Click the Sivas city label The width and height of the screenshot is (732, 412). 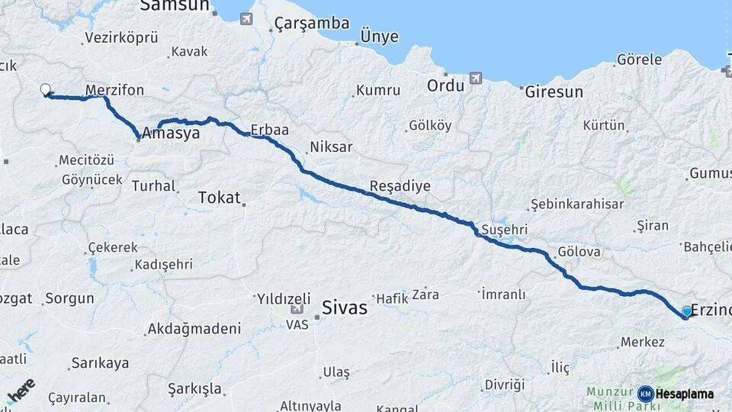(345, 308)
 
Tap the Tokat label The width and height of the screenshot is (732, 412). (219, 198)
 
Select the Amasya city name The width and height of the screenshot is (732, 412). (171, 134)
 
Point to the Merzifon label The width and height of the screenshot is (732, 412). (114, 90)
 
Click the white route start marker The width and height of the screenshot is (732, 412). (46, 90)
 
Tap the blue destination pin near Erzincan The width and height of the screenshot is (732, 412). (686, 311)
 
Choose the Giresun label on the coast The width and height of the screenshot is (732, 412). (554, 92)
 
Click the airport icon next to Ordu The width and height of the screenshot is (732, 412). (477, 78)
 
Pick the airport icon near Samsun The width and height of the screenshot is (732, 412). (246, 19)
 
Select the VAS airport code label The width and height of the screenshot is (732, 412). (297, 324)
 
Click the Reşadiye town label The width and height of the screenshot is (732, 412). (400, 186)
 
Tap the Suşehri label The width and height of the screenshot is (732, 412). (505, 230)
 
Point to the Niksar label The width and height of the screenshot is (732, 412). (332, 146)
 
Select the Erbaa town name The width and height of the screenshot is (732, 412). (270, 130)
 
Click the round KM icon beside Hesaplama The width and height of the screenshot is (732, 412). (645, 394)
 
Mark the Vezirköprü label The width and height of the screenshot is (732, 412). (121, 37)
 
